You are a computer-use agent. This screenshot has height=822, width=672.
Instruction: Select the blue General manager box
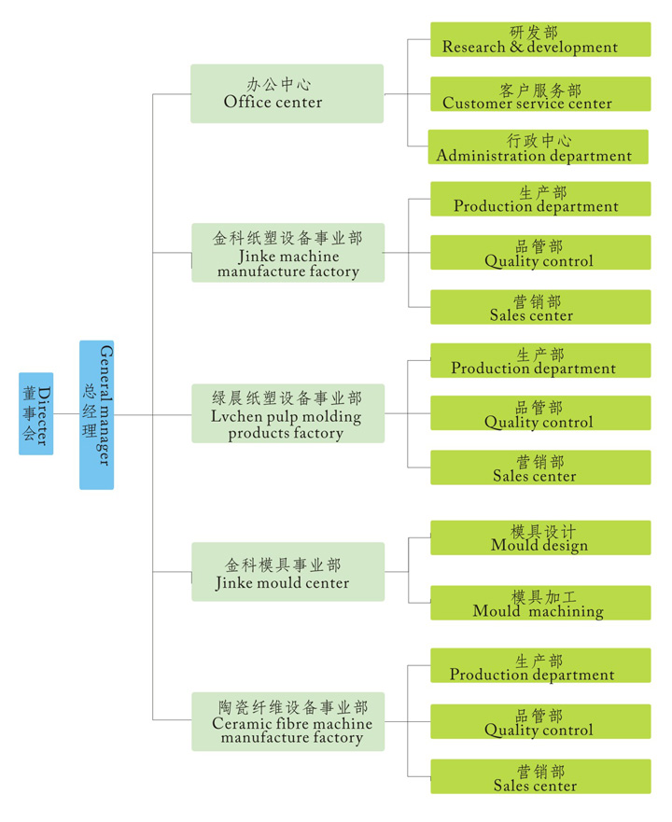click(96, 414)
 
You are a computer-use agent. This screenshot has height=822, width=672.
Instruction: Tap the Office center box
click(287, 93)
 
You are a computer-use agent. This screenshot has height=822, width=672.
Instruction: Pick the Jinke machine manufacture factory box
click(287, 253)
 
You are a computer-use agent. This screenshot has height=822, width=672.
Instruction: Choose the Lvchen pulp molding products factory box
click(287, 413)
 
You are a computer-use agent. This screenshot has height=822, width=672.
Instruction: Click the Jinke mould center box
click(287, 572)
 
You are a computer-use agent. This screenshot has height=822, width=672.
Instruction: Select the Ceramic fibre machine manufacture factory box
click(287, 721)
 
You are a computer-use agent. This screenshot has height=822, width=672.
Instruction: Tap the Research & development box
click(539, 39)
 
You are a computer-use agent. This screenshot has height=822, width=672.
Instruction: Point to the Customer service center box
click(539, 94)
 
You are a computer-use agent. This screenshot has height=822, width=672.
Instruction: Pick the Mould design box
click(539, 537)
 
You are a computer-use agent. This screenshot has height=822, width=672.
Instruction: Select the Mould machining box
click(539, 603)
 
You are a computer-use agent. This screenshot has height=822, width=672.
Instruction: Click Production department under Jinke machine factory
click(539, 199)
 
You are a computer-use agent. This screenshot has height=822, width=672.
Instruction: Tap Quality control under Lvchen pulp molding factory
click(539, 413)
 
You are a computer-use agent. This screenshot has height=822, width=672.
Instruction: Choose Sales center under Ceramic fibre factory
click(539, 776)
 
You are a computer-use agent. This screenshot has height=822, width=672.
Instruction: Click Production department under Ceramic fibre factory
click(539, 666)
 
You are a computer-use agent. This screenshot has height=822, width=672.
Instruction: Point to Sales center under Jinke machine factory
click(539, 307)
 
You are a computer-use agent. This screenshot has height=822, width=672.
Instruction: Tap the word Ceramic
click(242, 724)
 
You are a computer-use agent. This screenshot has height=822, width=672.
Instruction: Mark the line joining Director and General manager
click(66, 414)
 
